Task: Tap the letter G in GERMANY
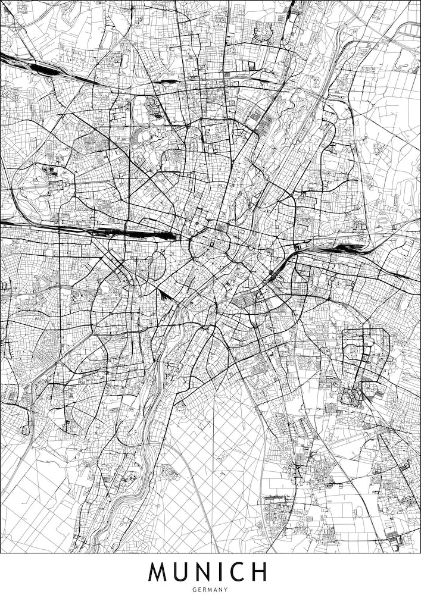(194, 590)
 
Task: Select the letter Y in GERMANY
(226, 590)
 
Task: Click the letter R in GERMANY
(205, 590)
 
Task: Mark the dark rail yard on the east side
(342, 247)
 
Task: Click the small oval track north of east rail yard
(410, 190)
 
